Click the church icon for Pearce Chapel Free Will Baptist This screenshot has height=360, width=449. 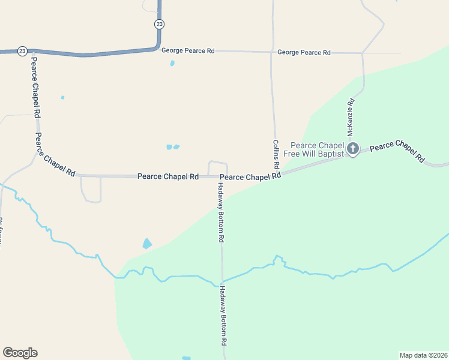point(353,148)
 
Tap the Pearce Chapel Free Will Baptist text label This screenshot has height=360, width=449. point(318,149)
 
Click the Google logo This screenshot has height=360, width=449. point(20,353)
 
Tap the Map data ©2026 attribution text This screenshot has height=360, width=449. point(423,355)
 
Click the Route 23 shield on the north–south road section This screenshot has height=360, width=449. point(158,23)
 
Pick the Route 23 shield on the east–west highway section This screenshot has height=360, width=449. point(22,51)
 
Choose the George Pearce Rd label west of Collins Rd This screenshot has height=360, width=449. point(188,51)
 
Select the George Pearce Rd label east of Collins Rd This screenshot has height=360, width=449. point(304,53)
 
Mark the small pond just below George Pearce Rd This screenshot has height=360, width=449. point(172,63)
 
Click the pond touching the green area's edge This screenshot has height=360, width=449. point(147,244)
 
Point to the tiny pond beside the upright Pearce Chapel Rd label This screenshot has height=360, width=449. point(62,97)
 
